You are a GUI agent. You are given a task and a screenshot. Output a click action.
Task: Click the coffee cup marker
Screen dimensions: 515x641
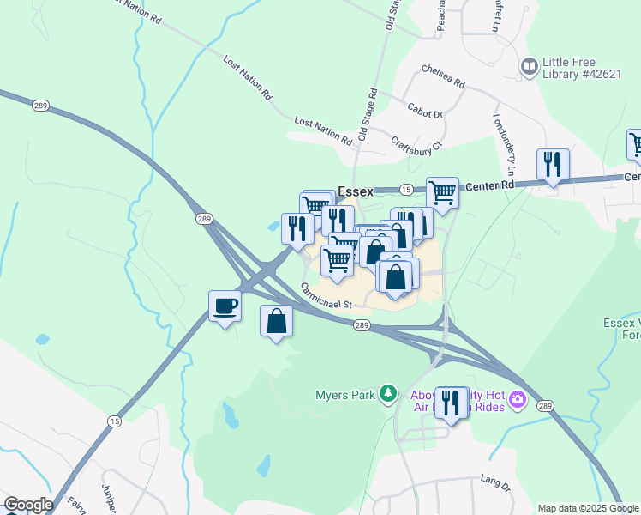point(225,306)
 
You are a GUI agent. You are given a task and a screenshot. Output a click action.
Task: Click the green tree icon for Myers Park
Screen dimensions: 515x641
point(389,393)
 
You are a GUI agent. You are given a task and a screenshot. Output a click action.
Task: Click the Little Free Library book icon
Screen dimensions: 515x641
point(530,65)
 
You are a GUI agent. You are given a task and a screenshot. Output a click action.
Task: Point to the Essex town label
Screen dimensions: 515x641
point(355,191)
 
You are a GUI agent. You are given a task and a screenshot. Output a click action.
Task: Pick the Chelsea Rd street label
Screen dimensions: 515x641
point(442,77)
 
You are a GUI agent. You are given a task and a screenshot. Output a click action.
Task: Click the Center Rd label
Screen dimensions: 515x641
point(495,184)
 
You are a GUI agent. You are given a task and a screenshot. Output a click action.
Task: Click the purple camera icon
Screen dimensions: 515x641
point(517,399)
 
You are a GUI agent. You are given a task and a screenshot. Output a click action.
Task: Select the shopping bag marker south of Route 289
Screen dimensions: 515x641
point(276,322)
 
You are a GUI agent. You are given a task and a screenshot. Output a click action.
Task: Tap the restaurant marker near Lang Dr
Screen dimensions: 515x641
point(452,403)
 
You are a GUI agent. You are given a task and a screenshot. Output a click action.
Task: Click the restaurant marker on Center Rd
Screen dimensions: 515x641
point(553,164)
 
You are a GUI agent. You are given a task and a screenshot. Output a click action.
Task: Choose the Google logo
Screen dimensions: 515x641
point(28,505)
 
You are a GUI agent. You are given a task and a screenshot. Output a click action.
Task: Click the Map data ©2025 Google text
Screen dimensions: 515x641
point(588,508)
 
